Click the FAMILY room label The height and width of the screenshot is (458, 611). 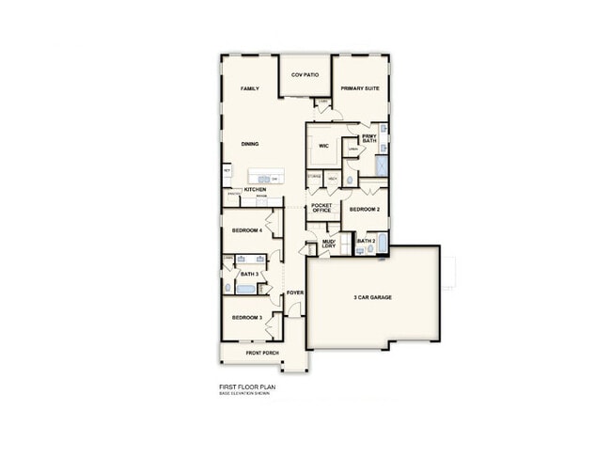pos(249,88)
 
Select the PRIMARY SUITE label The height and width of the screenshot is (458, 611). pos(359,88)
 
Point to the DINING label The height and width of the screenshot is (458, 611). pos(249,144)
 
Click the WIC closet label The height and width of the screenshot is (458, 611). pos(322,146)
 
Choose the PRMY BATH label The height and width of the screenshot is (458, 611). pos(368,138)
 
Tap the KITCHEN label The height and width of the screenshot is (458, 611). pos(255,190)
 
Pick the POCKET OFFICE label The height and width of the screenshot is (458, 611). pos(321,208)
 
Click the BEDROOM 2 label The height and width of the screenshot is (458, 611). pos(364,209)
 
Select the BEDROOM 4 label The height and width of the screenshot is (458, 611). pos(247,229)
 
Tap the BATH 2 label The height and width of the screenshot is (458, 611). pos(366,242)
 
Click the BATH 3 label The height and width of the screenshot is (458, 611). pos(249,274)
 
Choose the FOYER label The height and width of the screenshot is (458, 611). pos(295,292)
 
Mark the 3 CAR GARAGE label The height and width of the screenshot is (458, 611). pos(372,297)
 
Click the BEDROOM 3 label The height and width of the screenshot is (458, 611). pos(246,318)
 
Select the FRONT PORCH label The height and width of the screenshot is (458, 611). pos(262,353)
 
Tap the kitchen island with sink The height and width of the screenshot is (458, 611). pos(264,178)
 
